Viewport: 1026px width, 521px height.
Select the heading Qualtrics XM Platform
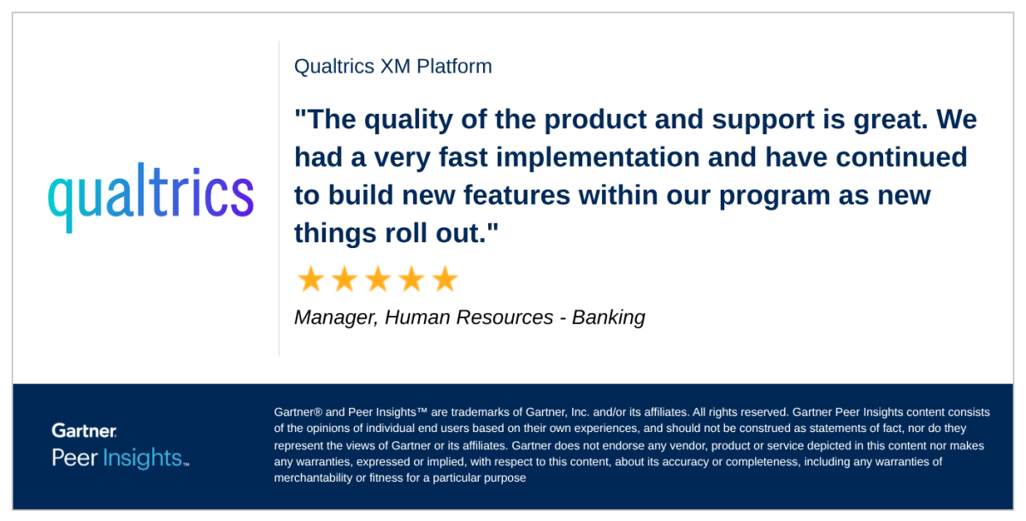392,66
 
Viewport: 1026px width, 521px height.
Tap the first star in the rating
310,279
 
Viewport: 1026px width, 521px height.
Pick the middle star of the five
377,279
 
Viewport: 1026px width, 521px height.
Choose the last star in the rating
445,279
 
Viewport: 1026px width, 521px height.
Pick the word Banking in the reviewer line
608,317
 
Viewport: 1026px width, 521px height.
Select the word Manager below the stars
333,317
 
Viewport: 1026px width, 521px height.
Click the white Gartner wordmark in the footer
84,430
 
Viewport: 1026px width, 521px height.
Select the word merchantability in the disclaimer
313,478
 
